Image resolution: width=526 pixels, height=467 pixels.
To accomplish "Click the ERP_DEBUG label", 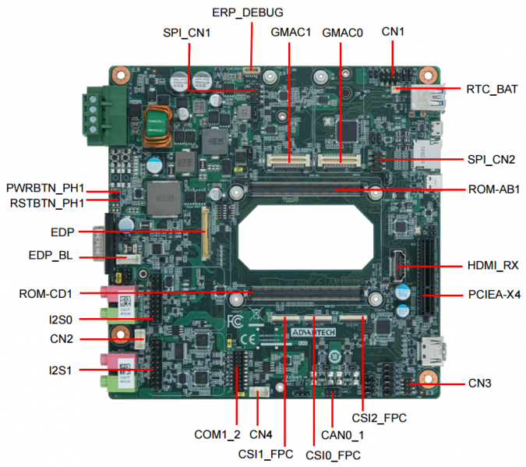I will [x=248, y=12].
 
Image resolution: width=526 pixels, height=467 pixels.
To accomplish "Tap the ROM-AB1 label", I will [x=492, y=189].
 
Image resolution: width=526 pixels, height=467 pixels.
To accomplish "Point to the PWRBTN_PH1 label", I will [x=45, y=189].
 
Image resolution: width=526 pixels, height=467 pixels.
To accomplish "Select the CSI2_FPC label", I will [x=379, y=418].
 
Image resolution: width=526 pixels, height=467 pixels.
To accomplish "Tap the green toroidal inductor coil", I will [x=158, y=125].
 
